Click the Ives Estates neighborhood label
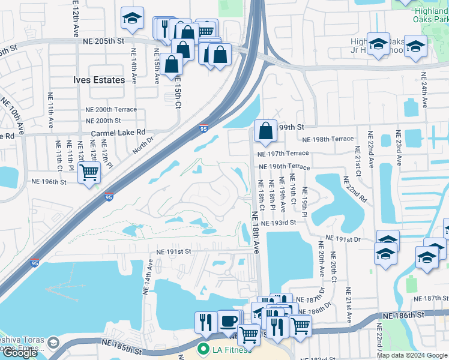coord(99,80)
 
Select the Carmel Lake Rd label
coord(118,133)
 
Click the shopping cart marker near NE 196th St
coord(89,173)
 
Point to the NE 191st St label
coord(173,252)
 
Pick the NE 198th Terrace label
coord(328,139)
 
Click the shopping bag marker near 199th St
coord(265,131)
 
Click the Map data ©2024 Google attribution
coord(412,355)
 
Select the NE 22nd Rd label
coord(355,190)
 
